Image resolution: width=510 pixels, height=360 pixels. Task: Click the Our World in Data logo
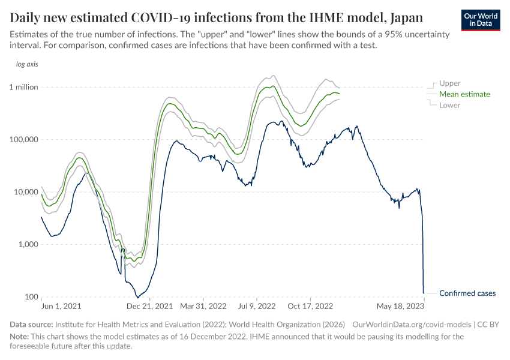(481, 19)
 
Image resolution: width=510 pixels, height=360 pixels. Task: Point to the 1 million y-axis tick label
(23, 87)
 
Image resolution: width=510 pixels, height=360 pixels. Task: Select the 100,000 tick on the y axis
(24, 139)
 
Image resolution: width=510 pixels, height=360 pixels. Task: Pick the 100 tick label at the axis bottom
(31, 297)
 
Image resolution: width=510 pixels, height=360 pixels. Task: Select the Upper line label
(450, 83)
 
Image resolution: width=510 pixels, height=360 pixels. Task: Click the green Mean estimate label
(464, 94)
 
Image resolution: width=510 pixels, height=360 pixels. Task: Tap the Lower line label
(450, 105)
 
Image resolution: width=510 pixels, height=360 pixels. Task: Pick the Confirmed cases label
(467, 293)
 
